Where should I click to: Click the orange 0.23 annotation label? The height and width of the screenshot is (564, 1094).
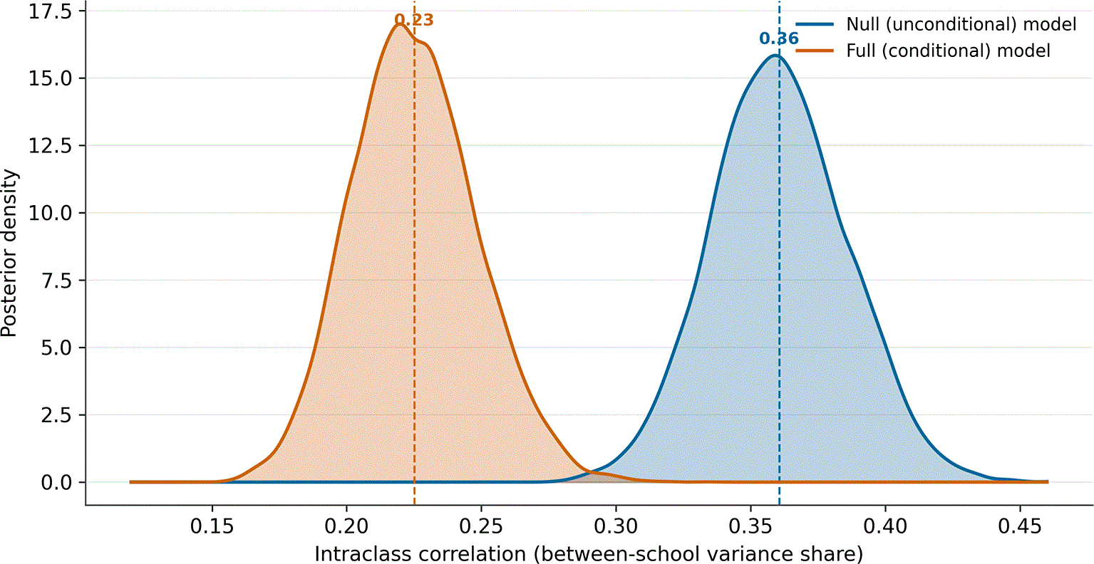point(413,20)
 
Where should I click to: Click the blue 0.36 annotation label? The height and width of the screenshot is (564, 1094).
point(778,38)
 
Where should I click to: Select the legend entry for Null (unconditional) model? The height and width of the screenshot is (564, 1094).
point(936,24)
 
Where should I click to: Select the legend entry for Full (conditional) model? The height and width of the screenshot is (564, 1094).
point(922,51)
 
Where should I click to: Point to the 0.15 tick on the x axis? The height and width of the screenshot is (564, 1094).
point(212,526)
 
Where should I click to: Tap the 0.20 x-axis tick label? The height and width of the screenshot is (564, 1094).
point(347,526)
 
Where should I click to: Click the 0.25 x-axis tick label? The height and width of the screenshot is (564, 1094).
point(482,526)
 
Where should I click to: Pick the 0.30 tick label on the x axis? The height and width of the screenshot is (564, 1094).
point(616,526)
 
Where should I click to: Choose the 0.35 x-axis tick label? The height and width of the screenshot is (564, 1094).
point(750,526)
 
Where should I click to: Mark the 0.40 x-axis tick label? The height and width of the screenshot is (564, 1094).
point(885,526)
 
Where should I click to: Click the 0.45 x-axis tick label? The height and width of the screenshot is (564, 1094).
point(1020,526)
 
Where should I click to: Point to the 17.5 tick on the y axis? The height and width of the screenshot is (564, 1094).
point(50,11)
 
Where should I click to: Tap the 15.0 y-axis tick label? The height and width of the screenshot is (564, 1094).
point(50,78)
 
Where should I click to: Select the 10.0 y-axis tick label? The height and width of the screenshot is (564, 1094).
point(50,213)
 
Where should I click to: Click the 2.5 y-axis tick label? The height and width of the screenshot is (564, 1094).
point(56,415)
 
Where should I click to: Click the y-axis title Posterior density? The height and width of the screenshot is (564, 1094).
point(9,254)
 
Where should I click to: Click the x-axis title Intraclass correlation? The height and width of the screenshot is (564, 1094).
point(420,554)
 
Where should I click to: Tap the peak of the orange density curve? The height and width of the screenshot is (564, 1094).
point(400,24)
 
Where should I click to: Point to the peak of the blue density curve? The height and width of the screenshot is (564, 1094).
point(775,55)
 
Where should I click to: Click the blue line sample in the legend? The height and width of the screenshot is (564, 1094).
point(815,24)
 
